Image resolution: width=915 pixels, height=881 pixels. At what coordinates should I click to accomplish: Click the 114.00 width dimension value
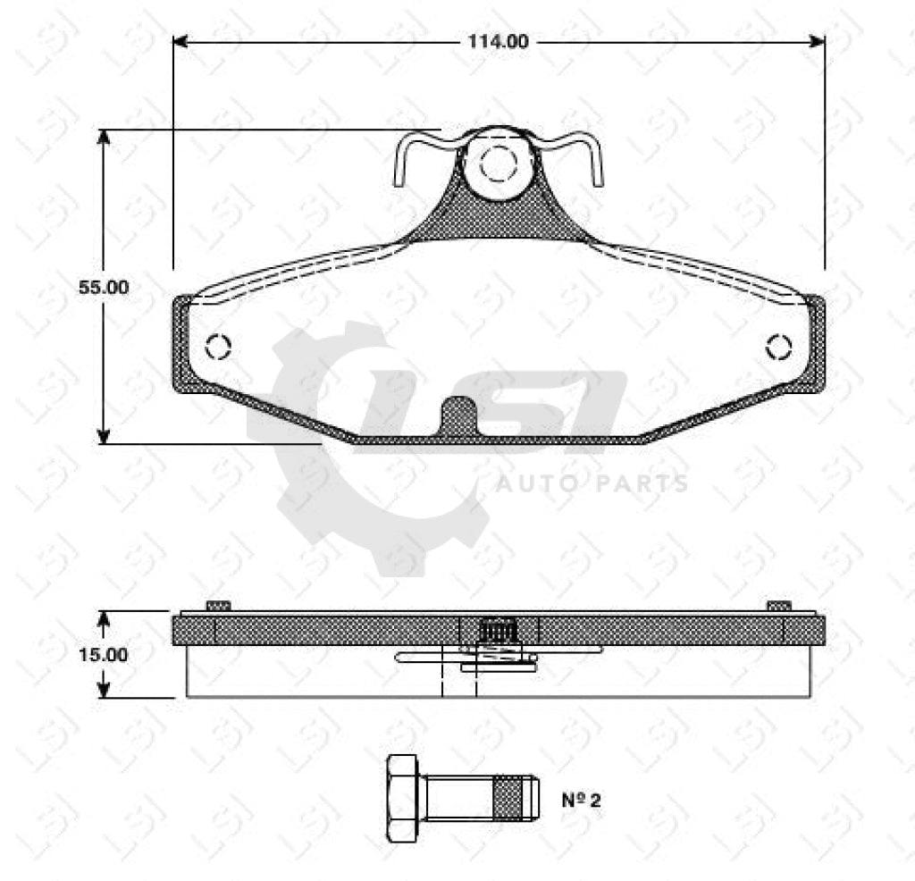(498, 41)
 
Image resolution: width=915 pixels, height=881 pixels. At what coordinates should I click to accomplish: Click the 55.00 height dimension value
(104, 288)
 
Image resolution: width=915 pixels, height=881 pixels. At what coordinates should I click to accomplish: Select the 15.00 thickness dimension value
(104, 654)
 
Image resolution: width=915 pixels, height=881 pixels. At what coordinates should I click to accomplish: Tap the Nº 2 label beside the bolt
(581, 800)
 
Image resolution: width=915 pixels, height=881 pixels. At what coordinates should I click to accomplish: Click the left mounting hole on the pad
(217, 346)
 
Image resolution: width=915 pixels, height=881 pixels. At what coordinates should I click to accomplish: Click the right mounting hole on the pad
(778, 347)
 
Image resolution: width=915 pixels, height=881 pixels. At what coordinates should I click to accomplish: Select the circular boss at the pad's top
(498, 162)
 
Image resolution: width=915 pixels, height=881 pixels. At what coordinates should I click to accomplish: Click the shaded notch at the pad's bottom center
(458, 416)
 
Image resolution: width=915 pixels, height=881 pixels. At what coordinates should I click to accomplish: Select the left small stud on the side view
(218, 606)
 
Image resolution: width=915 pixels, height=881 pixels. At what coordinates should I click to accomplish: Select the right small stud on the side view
(779, 606)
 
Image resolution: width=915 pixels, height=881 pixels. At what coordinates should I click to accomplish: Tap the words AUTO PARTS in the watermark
(592, 484)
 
